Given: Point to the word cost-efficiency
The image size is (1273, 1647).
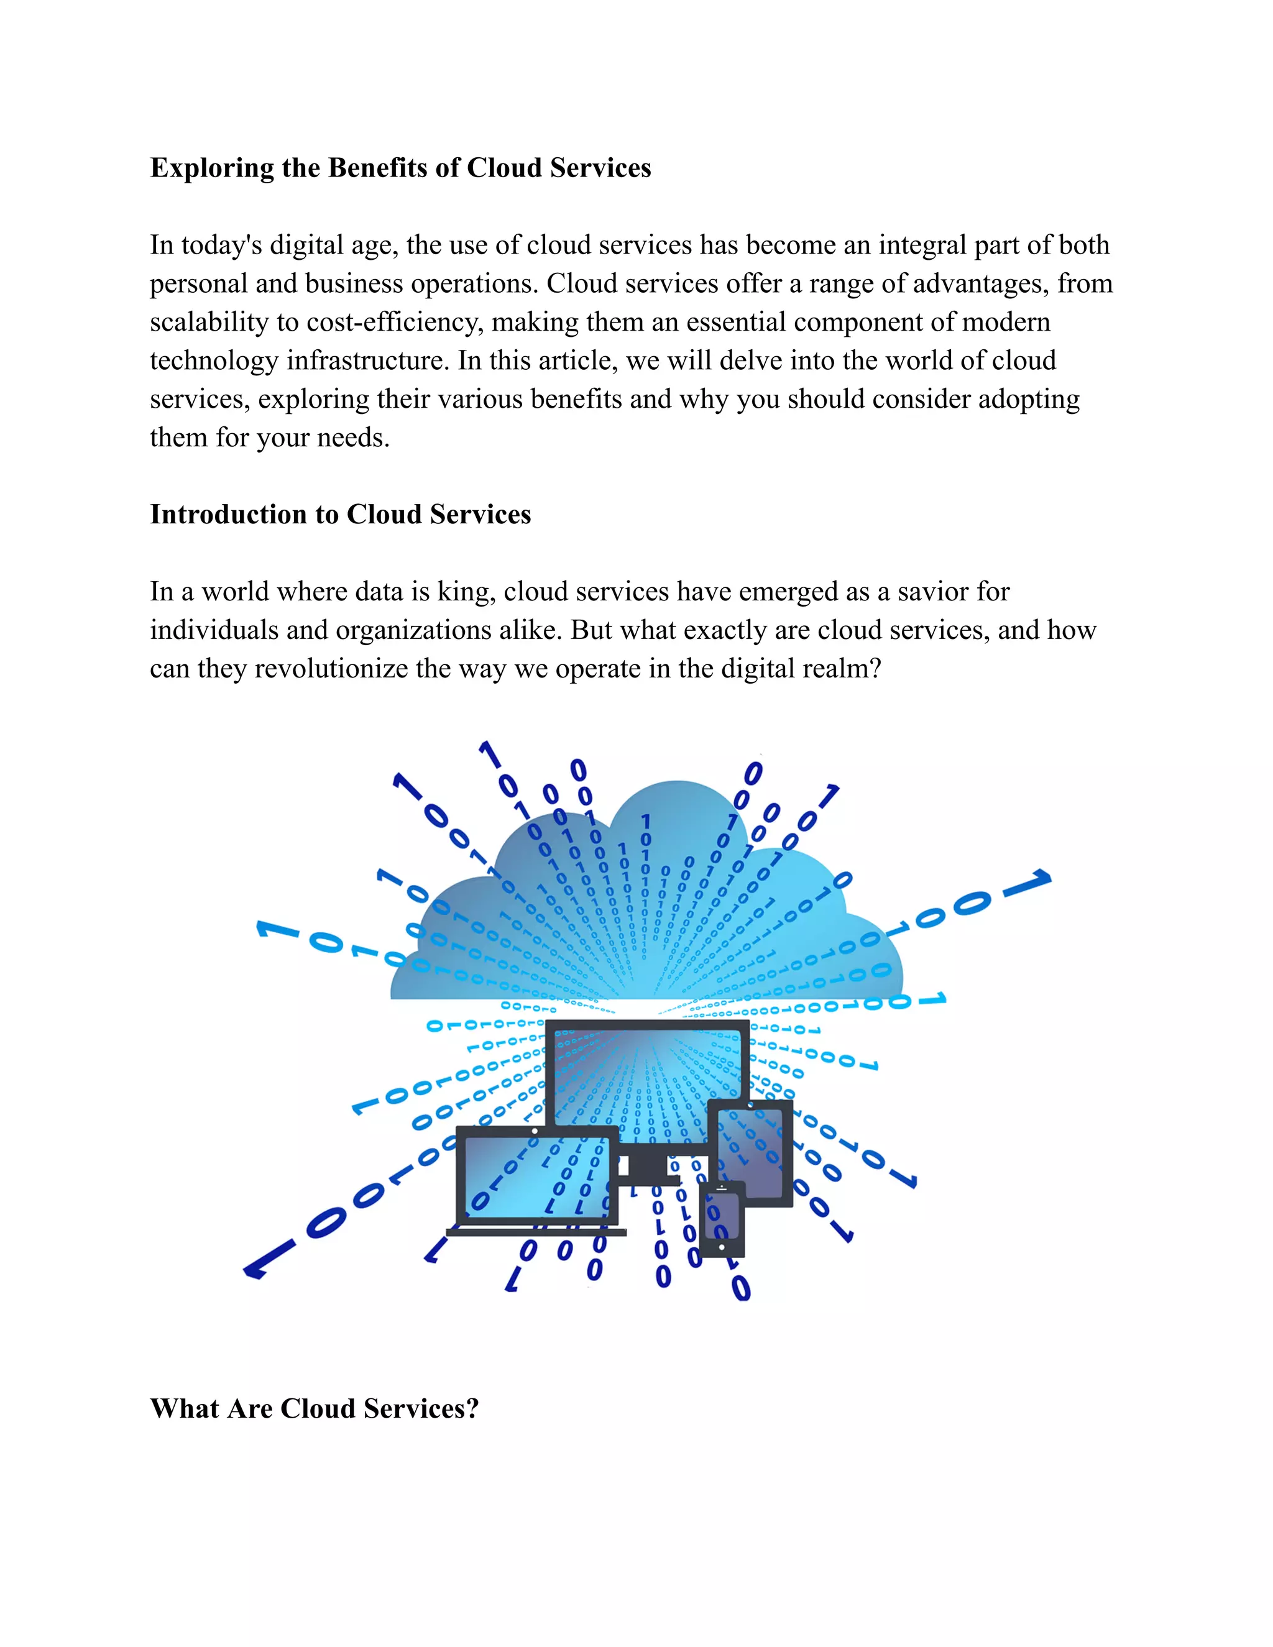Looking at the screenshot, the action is click(x=393, y=323).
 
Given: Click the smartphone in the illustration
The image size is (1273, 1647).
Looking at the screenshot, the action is click(x=722, y=1220).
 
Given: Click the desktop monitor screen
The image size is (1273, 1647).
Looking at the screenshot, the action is click(x=647, y=1071).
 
